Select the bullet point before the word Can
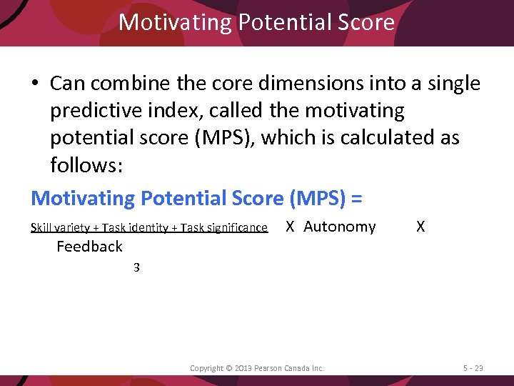35,84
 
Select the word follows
84,166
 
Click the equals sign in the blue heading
356,197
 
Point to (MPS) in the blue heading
316,197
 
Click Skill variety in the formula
60,228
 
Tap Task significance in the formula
223,228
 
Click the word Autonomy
339,227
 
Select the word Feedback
89,247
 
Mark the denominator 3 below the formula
136,268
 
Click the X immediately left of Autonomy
290,227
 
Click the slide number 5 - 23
473,368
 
